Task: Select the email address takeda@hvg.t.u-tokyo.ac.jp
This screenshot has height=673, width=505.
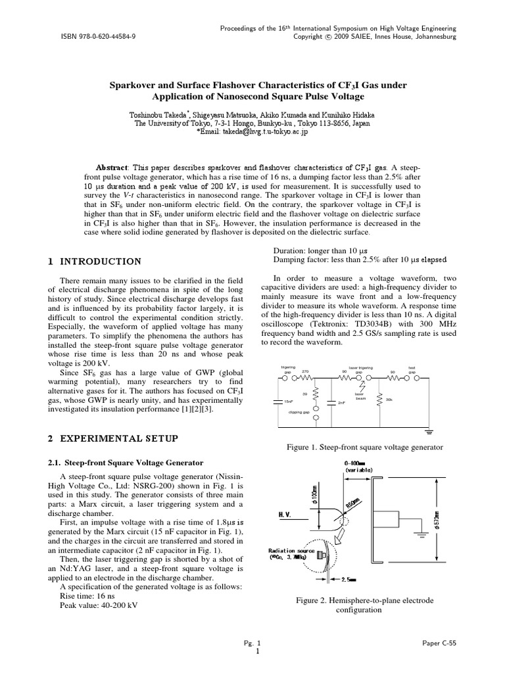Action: [x=263, y=131]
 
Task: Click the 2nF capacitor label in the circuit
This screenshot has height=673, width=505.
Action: [x=341, y=402]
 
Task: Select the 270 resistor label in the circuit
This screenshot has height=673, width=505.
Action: [x=305, y=371]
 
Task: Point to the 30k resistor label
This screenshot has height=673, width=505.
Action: [x=389, y=400]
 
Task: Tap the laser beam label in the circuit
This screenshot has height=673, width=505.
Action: [x=360, y=396]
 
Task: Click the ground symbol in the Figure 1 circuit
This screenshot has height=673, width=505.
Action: [x=429, y=432]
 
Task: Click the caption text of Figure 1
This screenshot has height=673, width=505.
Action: [x=365, y=447]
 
